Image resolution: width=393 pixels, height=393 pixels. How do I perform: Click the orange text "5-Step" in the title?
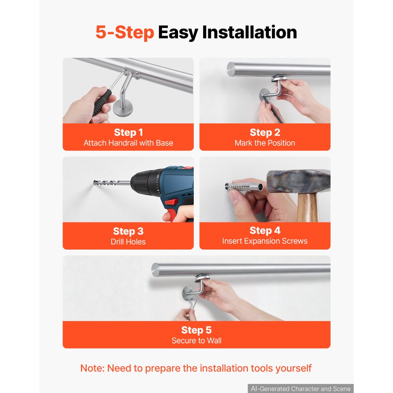pos(125,32)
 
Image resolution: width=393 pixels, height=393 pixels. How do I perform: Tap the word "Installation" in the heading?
pos(250,32)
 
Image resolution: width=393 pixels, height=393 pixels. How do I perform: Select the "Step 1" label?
pos(128,132)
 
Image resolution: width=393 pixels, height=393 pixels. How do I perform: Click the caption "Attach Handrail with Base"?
pos(128,143)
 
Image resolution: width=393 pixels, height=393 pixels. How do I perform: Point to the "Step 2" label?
pos(265,132)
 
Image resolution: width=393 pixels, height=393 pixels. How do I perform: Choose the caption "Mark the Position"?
pos(265,143)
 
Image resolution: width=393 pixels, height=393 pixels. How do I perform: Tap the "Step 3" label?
pos(128,231)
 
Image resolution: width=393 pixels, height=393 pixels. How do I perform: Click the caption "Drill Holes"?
pos(128,242)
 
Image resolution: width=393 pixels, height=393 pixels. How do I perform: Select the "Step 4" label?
pos(265,230)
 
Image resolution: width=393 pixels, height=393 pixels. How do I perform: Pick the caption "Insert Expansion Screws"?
pos(265,241)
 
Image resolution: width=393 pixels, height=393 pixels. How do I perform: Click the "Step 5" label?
pos(196,330)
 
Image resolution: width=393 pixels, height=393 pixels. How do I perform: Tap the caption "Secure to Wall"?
pos(196,340)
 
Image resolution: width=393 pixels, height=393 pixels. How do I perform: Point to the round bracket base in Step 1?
pos(123,107)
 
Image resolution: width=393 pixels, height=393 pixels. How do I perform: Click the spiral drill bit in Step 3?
pos(112,183)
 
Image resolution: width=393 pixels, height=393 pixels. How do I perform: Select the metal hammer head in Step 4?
pos(298,181)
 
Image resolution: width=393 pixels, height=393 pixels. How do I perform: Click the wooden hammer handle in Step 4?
pos(308,207)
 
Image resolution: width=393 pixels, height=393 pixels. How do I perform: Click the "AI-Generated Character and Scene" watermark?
pos(301,389)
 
